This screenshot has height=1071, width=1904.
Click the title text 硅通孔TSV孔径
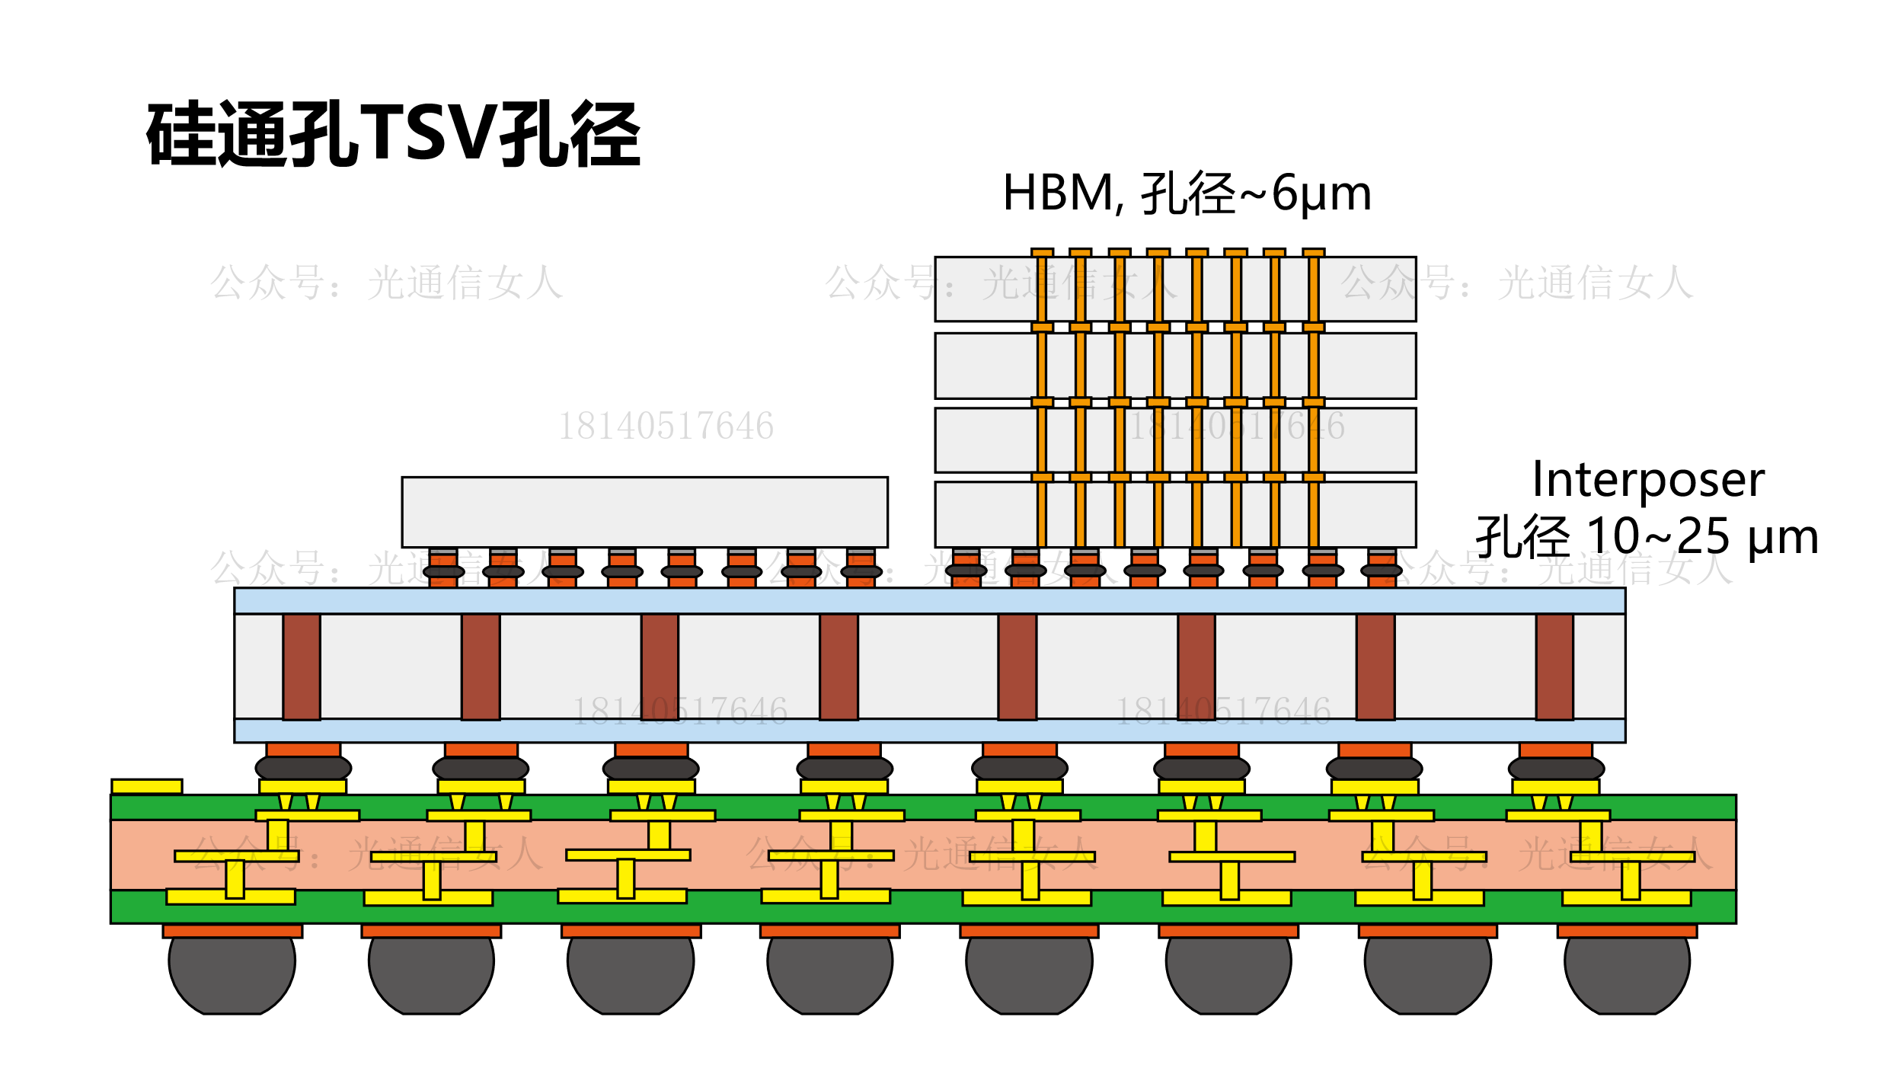click(x=393, y=136)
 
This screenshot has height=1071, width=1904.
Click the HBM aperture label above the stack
click(x=1187, y=193)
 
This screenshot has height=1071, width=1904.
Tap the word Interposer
click(x=1648, y=480)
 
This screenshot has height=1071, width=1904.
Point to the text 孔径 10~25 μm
click(x=1647, y=536)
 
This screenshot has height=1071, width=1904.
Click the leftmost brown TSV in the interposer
click(x=302, y=667)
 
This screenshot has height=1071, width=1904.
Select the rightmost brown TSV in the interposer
click(x=1554, y=667)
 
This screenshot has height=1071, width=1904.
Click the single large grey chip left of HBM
click(x=644, y=512)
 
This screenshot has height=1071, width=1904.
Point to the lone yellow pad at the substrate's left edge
click(x=147, y=786)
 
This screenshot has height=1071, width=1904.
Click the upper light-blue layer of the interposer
click(x=929, y=601)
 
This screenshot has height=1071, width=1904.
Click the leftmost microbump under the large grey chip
click(x=443, y=571)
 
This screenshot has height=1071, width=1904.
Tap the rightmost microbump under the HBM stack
click(x=1382, y=571)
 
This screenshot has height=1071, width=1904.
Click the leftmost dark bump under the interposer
click(x=303, y=768)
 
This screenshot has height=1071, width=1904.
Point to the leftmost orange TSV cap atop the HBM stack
click(x=1042, y=252)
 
